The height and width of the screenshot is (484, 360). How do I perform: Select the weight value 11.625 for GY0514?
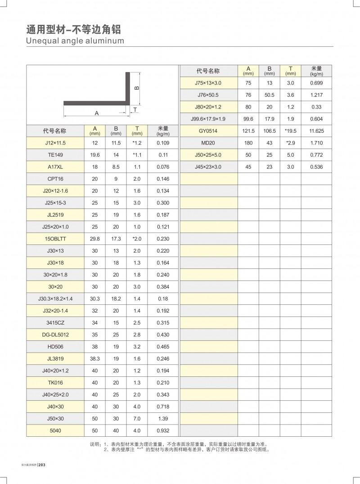coord(317,131)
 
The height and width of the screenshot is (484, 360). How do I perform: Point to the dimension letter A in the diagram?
coord(97,113)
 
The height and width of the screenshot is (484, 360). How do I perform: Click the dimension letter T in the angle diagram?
coord(135,110)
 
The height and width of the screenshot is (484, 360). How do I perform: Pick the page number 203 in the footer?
coord(43,465)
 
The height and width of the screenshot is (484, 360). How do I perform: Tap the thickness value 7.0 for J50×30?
coord(137,419)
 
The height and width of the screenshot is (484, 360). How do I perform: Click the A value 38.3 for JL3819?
coord(94,359)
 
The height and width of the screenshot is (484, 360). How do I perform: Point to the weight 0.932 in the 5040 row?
coord(162,431)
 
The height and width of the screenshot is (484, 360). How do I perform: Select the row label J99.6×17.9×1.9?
coord(208,119)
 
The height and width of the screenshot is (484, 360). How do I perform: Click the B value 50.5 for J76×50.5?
coord(269,95)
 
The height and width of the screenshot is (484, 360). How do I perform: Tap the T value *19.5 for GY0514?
coord(290,131)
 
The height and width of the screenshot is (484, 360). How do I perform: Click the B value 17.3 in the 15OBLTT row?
coord(116,238)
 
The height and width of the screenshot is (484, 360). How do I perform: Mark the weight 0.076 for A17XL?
coord(162,167)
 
